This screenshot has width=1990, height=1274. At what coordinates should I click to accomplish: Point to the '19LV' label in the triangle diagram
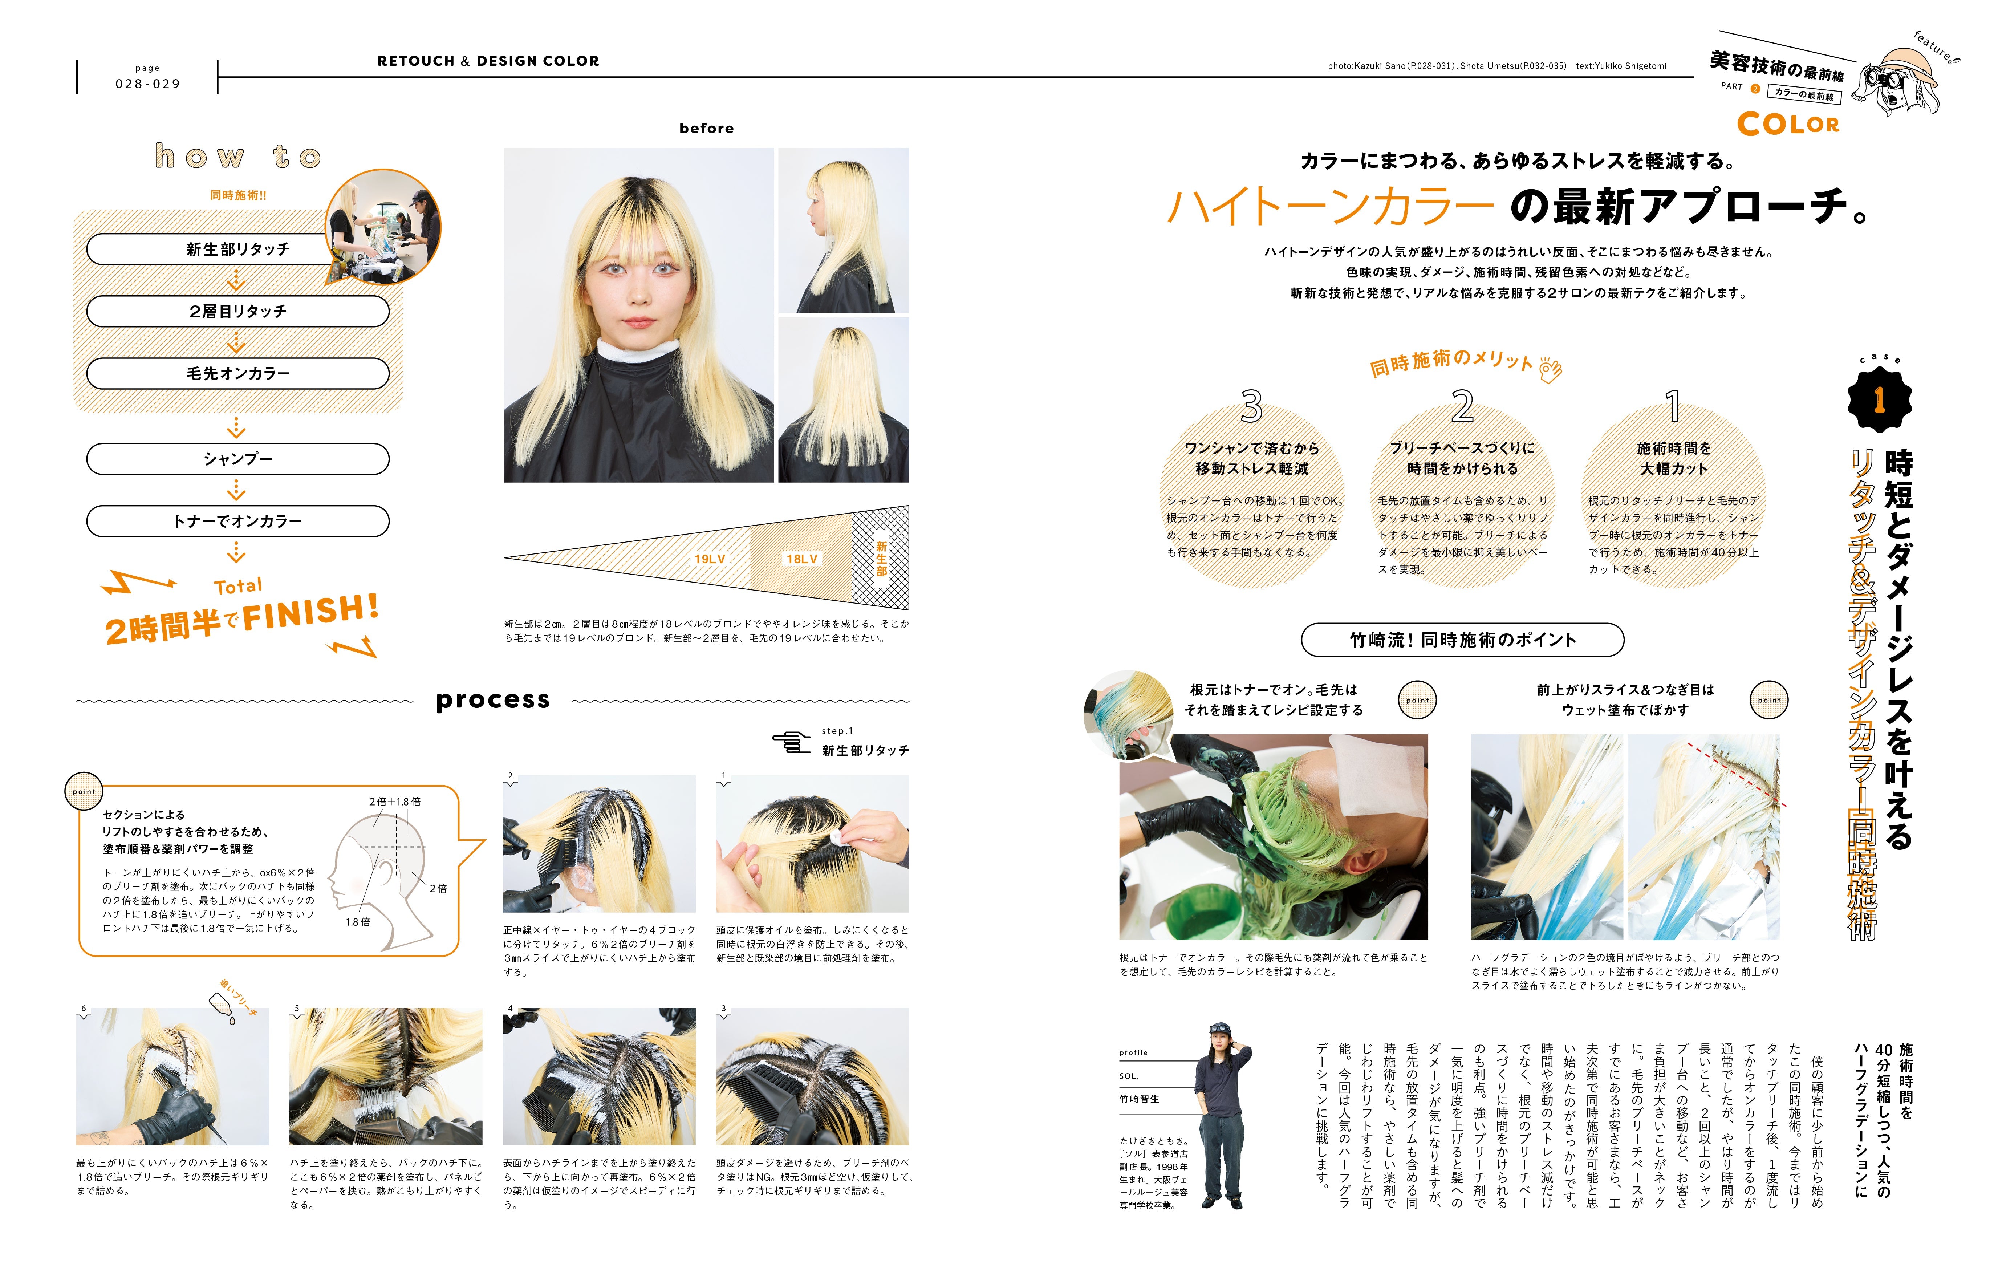click(x=710, y=559)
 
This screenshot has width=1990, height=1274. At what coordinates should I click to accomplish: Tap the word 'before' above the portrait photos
click(x=706, y=128)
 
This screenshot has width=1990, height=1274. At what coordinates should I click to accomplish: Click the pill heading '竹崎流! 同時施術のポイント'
click(x=1462, y=640)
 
